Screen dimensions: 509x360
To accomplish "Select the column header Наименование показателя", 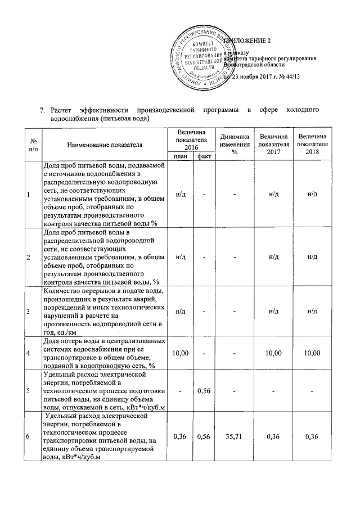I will click(x=105, y=145).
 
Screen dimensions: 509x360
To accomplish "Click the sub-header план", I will click(x=181, y=156).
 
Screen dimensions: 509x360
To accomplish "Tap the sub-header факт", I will click(x=203, y=156).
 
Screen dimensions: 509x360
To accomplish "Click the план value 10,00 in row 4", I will click(x=181, y=353).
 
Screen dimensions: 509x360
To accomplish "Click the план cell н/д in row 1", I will click(x=181, y=194).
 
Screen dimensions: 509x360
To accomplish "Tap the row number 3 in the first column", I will click(x=29, y=311).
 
